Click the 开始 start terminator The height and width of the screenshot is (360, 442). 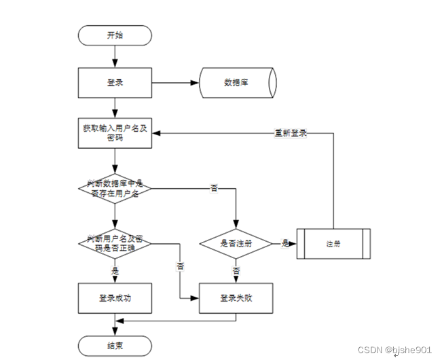115,35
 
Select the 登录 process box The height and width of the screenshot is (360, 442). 115,83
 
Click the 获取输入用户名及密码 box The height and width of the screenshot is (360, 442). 115,133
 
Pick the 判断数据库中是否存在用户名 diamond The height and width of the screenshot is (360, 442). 115,188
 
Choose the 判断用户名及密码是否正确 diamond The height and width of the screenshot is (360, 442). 115,243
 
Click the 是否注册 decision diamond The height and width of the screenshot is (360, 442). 236,243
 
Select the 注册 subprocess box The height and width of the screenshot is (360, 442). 333,243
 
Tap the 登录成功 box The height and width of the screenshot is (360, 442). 115,298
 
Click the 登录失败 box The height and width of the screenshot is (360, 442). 236,298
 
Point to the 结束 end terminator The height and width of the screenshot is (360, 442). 115,344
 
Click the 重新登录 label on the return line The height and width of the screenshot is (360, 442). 291,133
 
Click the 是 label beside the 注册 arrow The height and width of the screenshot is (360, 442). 285,242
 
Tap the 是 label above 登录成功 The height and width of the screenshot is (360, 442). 115,270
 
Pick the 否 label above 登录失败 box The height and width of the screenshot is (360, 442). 236,270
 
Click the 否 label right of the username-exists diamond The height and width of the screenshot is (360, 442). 214,187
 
